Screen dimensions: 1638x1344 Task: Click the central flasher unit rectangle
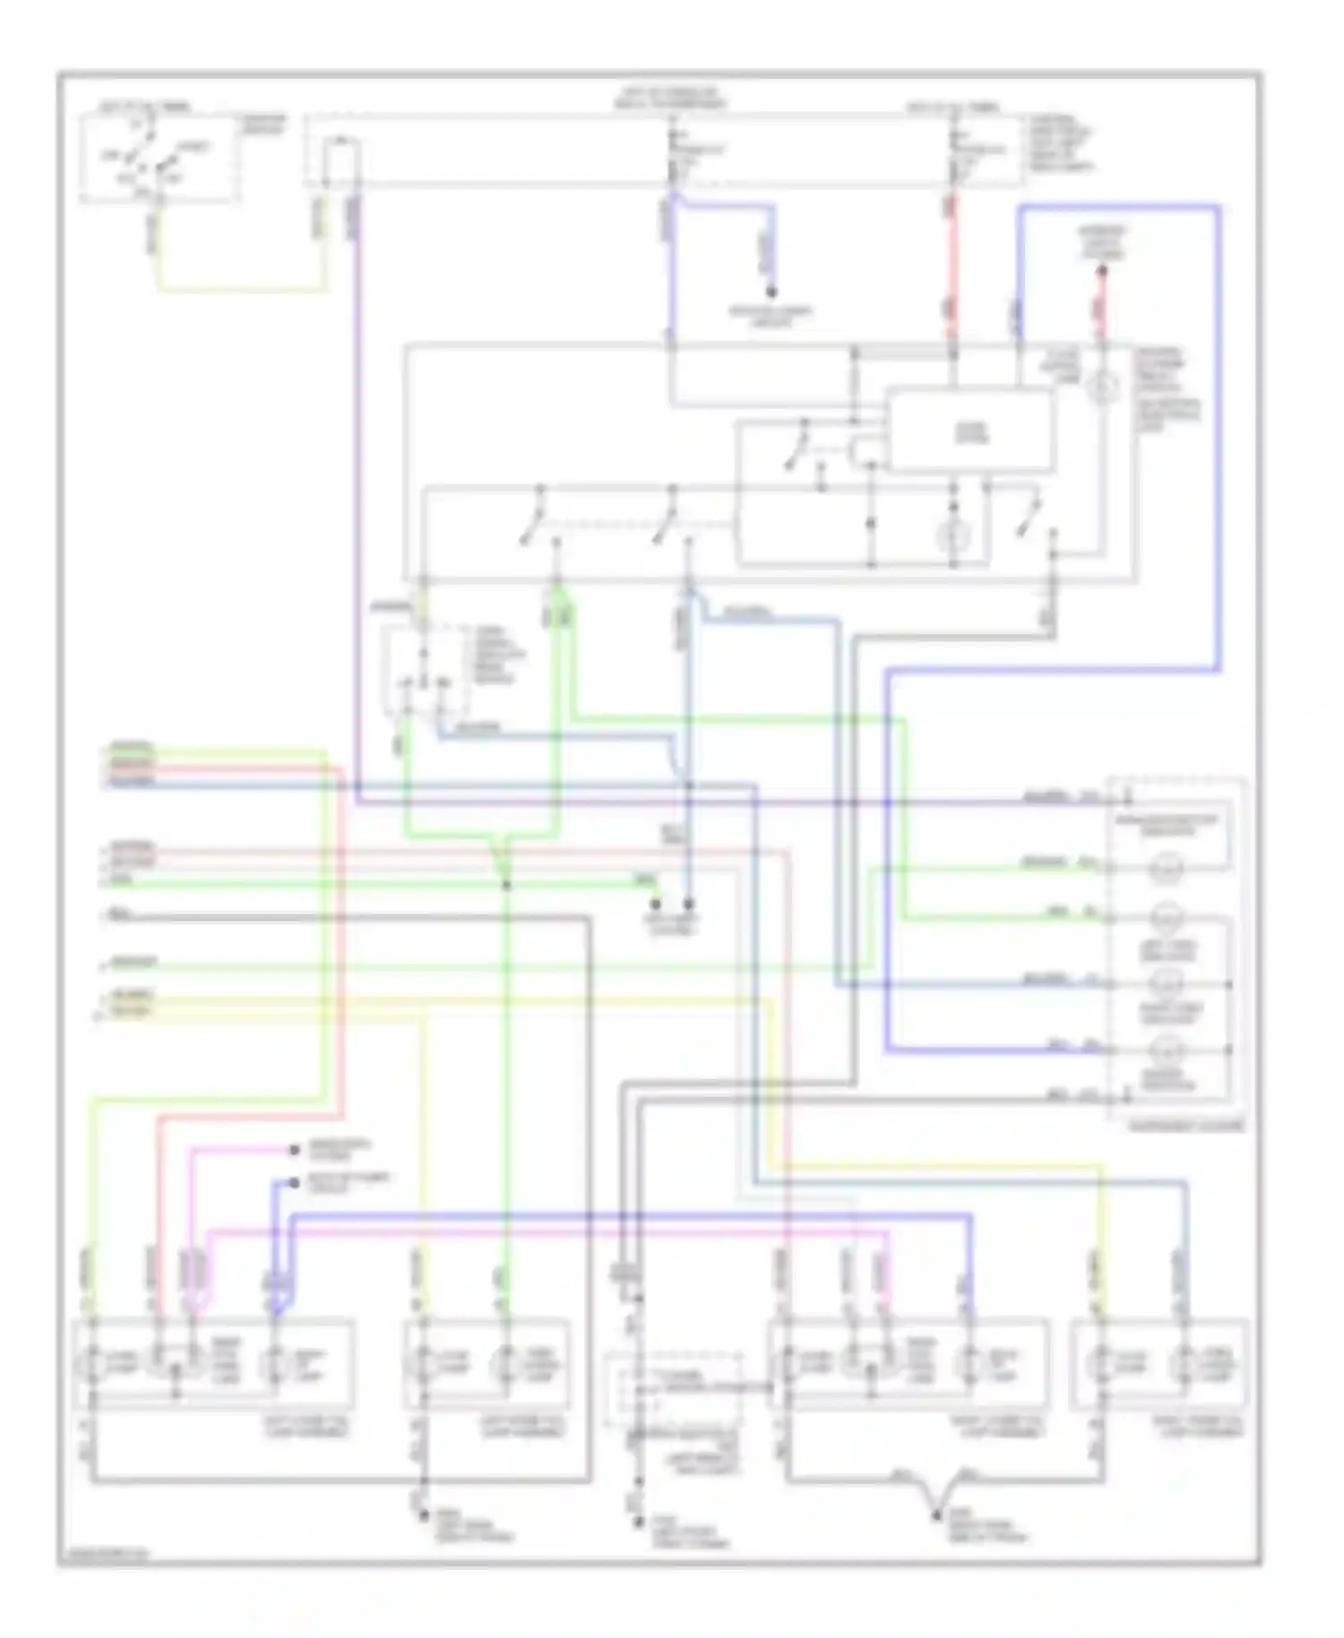tap(969, 431)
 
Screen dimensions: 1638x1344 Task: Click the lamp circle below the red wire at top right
tap(1102, 387)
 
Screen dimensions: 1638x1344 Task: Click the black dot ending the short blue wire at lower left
tap(294, 1183)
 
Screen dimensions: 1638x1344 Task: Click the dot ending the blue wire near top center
tap(771, 292)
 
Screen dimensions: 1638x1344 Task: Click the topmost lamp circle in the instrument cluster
tap(1167, 866)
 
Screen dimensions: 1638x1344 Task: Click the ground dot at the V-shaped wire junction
tap(936, 1513)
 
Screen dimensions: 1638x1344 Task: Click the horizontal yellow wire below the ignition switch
tap(242, 289)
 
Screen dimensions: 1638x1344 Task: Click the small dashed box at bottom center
tap(673, 1391)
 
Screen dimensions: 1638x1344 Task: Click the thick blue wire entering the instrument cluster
tap(986, 1049)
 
